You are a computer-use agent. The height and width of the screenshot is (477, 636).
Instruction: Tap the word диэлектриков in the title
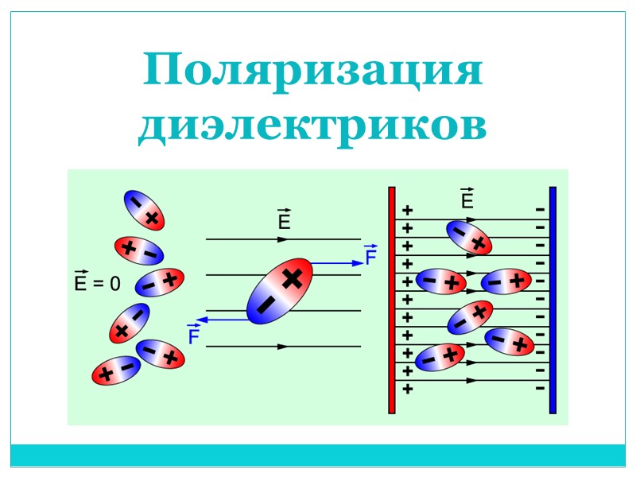pyautogui.click(x=312, y=126)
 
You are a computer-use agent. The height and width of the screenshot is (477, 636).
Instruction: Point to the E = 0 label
pyautogui.click(x=96, y=283)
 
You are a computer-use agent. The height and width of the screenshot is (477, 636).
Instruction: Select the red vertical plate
pyautogui.click(x=391, y=300)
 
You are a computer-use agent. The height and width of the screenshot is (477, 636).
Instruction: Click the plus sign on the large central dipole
pyautogui.click(x=293, y=277)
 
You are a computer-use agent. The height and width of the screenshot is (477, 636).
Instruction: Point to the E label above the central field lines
pyautogui.click(x=283, y=221)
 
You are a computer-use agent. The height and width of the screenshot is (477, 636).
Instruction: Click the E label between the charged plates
pyautogui.click(x=467, y=200)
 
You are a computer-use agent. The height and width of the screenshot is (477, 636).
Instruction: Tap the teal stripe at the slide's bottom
pyautogui.click(x=318, y=455)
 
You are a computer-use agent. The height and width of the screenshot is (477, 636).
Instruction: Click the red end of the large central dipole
pyautogui.click(x=295, y=275)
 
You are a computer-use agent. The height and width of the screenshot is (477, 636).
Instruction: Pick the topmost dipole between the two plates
pyautogui.click(x=468, y=236)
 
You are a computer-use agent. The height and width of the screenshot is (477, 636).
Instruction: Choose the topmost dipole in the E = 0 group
pyautogui.click(x=142, y=210)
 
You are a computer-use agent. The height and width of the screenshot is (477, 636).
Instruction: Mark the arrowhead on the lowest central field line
pyautogui.click(x=281, y=347)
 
